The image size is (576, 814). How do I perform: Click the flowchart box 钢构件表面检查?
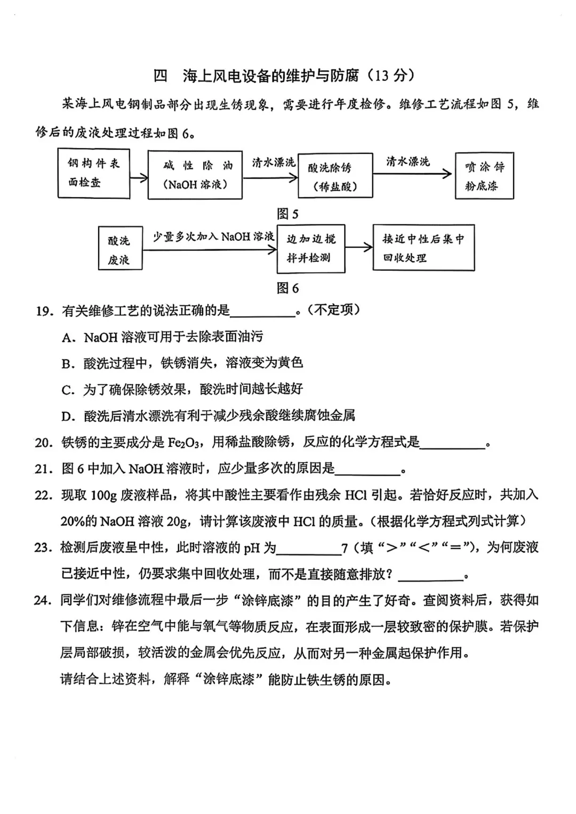(94, 173)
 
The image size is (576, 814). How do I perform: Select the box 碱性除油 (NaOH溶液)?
(195, 175)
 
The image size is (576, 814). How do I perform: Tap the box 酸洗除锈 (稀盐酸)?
(335, 176)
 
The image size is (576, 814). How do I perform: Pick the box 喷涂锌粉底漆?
(484, 176)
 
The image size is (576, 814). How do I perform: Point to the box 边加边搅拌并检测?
(311, 248)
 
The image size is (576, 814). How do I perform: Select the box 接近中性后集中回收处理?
(423, 248)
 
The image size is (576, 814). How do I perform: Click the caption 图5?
(287, 214)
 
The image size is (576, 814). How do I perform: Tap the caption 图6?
(287, 288)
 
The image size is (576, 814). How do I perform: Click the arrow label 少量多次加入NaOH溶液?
(213, 237)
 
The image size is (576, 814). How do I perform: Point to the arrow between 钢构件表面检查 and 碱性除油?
(139, 177)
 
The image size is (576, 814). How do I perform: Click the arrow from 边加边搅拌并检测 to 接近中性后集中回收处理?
(359, 247)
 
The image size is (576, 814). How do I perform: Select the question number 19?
(44, 311)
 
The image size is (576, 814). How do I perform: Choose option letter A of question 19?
(67, 338)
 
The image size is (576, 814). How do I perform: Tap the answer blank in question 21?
(367, 470)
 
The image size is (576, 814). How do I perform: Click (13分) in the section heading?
(390, 76)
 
